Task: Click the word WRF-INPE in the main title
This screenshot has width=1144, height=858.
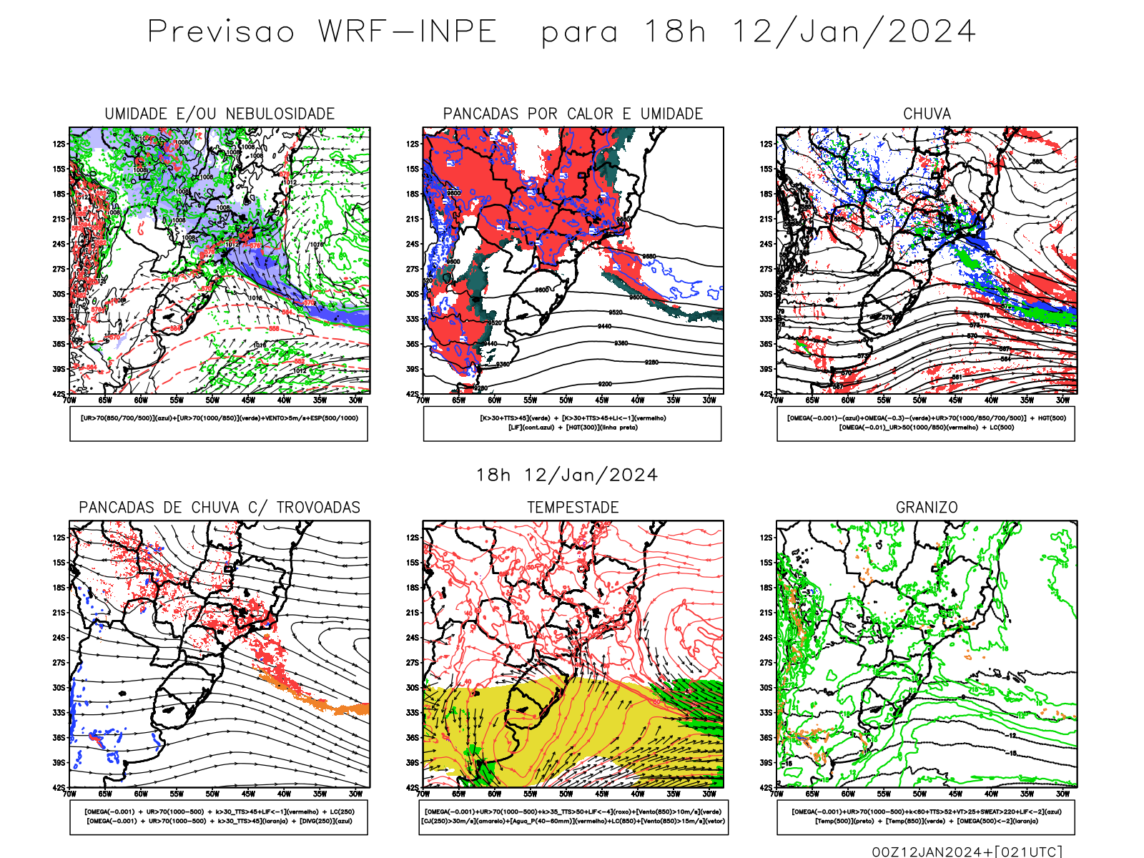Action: tap(408, 31)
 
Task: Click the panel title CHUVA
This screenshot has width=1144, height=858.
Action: tap(927, 114)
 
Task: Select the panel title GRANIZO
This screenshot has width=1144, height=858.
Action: tap(927, 507)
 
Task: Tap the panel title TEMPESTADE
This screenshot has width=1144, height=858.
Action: tap(573, 507)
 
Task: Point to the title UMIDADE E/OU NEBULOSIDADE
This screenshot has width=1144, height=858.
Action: tap(220, 114)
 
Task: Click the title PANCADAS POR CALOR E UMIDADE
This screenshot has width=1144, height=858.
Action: tap(573, 114)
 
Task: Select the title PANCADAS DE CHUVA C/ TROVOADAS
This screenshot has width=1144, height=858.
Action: tap(220, 507)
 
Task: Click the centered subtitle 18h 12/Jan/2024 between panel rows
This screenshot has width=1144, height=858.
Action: tap(567, 475)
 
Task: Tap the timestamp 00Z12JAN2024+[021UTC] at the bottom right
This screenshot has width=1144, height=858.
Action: tap(967, 851)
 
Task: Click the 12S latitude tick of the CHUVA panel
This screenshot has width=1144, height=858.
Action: tap(766, 144)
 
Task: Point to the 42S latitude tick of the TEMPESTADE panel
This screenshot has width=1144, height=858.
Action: tap(413, 787)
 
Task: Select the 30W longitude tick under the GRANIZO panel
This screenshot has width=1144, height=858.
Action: tap(1062, 794)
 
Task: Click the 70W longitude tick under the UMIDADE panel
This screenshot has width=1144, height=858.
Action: tap(69, 400)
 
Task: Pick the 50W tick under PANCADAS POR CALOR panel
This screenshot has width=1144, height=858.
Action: tap(566, 400)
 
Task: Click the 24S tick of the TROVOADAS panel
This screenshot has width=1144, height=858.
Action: tap(59, 637)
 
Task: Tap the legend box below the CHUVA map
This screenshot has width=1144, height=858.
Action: tap(926, 423)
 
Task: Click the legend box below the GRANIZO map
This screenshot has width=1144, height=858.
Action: tap(926, 817)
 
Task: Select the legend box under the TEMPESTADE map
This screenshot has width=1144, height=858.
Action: tap(573, 817)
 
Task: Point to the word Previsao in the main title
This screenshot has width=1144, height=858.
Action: tap(221, 31)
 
